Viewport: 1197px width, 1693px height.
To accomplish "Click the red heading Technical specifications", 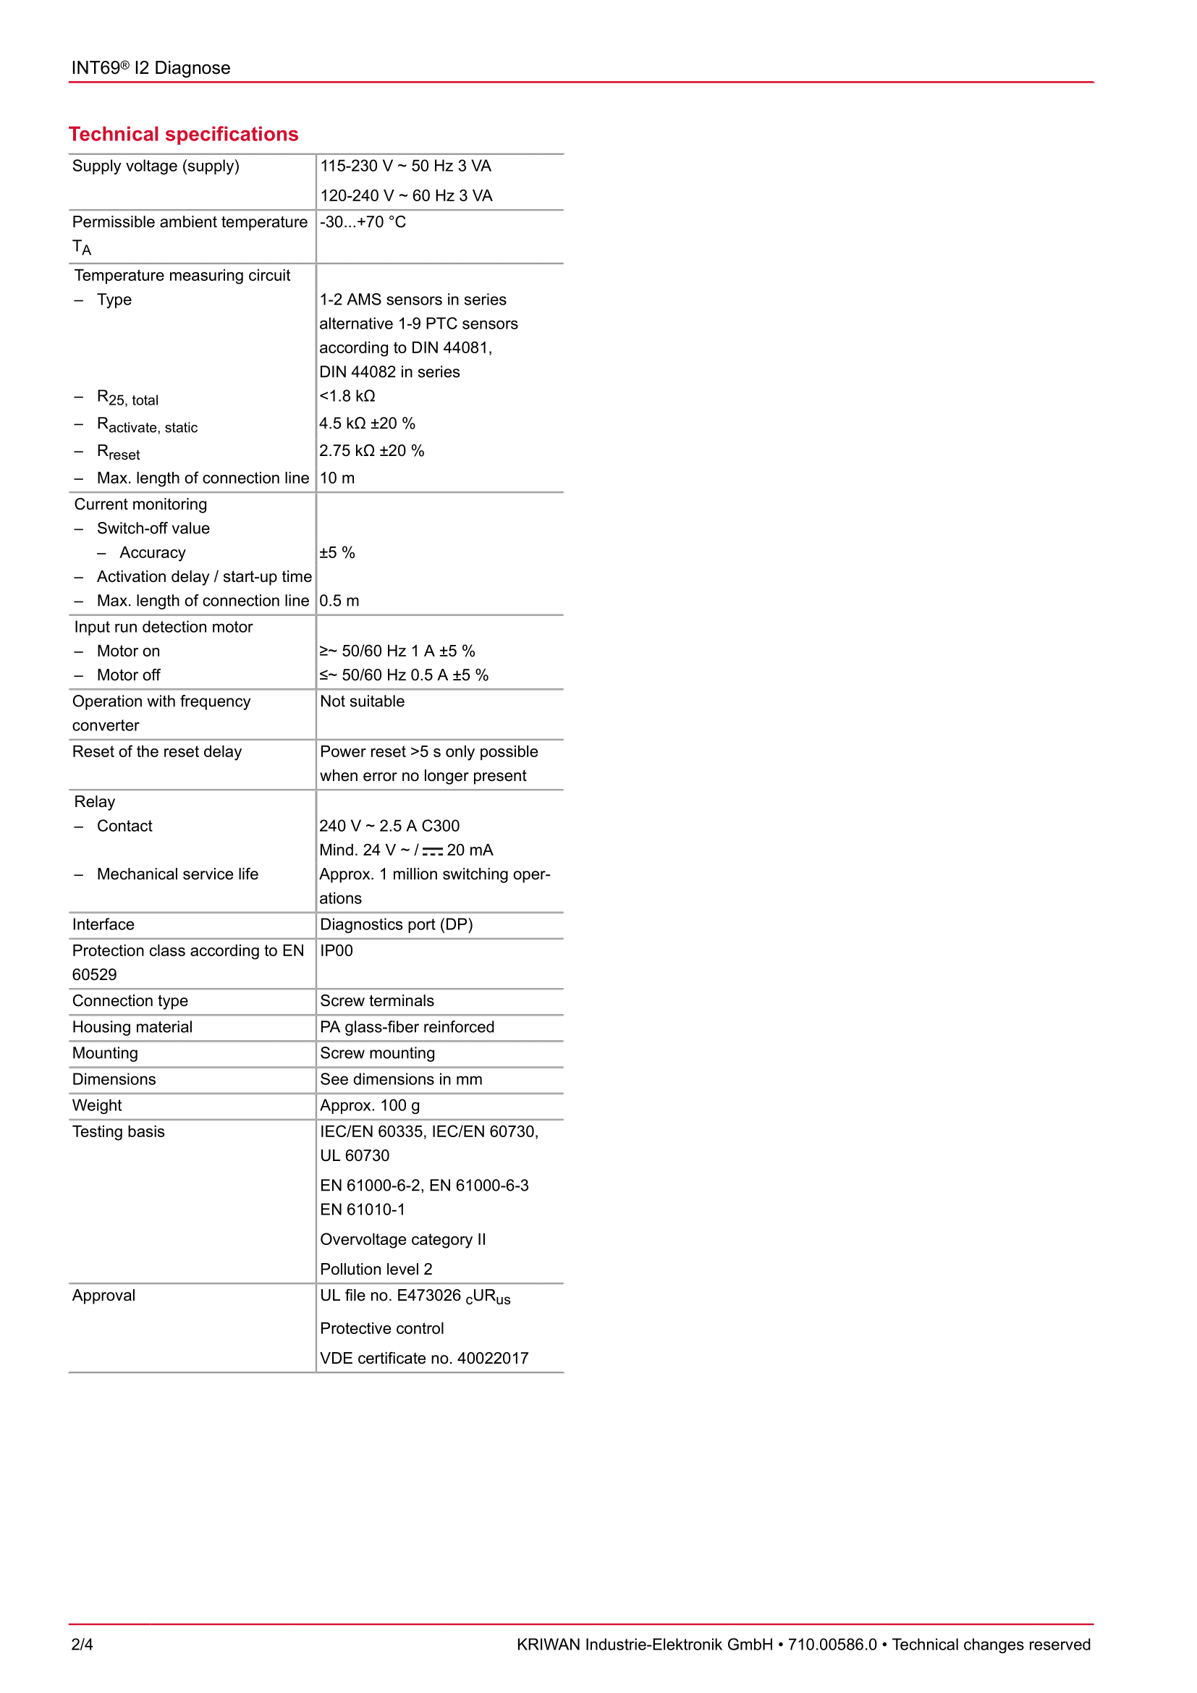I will pos(184,134).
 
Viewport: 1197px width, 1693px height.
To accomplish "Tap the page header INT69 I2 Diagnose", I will pos(151,68).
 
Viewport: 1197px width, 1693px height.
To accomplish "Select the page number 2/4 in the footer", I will pos(82,1644).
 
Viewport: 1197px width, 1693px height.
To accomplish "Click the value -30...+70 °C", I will pos(363,222).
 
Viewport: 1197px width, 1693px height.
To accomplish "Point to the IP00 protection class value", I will pos(336,950).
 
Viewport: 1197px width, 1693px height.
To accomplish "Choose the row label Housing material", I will pos(132,1027).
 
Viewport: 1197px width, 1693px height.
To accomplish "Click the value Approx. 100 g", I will pos(369,1105).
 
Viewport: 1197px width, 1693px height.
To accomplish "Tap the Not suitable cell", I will pos(362,701).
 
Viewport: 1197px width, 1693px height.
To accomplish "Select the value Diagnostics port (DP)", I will pos(396,924).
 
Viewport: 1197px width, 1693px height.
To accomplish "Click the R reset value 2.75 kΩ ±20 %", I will pos(371,450).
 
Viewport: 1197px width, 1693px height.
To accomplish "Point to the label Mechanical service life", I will pos(177,874).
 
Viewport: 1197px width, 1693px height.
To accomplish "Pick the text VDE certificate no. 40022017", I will pos(424,1358).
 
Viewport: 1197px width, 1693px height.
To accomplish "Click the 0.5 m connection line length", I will pos(339,601).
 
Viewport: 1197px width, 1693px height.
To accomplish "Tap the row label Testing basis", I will pos(118,1132).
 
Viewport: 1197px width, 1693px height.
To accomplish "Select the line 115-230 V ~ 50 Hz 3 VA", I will pos(405,166).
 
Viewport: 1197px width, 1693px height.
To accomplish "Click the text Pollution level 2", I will pos(376,1269).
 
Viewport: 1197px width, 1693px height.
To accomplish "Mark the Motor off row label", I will pos(128,675).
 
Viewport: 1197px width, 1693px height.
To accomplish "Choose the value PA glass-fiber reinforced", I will pos(407,1027).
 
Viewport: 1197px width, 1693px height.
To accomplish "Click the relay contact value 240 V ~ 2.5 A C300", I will pos(389,826).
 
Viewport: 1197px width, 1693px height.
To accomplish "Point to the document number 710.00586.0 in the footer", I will pos(832,1645).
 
